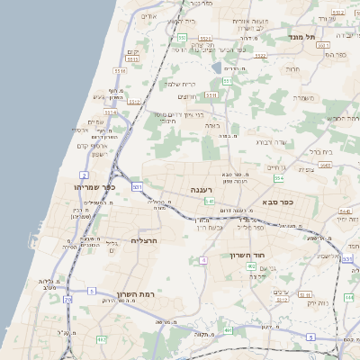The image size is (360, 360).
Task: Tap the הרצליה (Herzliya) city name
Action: pos(144,240)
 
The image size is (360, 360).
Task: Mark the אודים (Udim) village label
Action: pos(150,17)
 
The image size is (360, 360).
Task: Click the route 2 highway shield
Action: pos(85,175)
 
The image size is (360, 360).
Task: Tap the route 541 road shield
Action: pos(210,202)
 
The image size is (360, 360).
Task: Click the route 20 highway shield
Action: pos(67,298)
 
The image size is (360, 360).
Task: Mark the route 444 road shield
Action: pos(348,296)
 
